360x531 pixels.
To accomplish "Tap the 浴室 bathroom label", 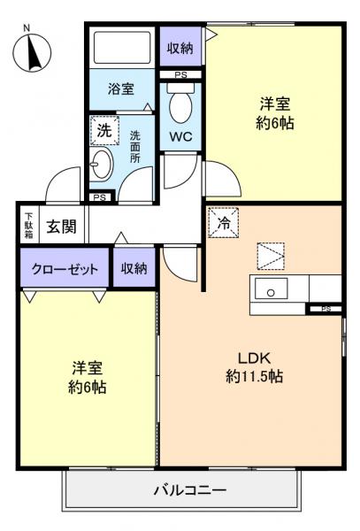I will [122, 88].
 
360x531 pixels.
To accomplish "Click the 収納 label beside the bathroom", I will [180, 48].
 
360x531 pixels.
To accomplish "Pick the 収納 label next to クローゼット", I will [134, 269].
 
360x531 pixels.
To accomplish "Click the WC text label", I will [180, 137].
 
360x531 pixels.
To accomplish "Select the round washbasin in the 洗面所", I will [102, 165].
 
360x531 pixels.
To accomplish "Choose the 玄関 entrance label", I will [61, 226].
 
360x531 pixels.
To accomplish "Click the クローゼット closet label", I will [65, 269].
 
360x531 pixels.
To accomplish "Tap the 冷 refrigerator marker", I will [224, 224].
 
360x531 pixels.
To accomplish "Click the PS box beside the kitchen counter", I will [326, 309].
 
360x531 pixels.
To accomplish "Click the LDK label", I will [252, 358].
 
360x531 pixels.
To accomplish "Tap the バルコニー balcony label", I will [189, 489].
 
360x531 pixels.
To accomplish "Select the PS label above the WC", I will [180, 75].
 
